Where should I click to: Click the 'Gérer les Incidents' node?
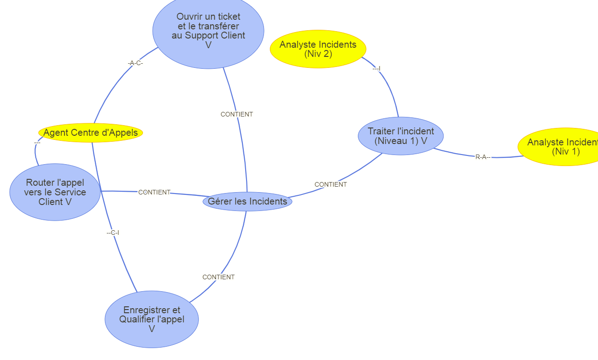[247, 201]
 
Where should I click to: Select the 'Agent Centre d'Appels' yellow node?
[91, 133]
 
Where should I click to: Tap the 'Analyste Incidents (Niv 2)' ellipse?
[318, 49]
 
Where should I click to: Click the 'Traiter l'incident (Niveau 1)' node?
[400, 136]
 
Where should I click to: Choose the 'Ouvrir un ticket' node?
[208, 31]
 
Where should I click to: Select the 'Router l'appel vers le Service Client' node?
[55, 192]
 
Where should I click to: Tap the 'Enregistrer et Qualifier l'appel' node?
[152, 319]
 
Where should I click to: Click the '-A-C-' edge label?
[135, 63]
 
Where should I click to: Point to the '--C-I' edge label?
[113, 233]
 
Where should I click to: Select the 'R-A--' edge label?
[483, 157]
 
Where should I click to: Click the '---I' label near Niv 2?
[377, 69]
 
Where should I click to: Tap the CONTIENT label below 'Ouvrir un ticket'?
[236, 114]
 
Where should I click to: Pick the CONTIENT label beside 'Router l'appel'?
[154, 192]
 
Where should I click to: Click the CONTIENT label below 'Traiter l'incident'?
[330, 184]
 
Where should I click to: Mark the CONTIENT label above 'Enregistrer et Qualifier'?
[219, 277]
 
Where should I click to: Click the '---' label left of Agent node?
[37, 143]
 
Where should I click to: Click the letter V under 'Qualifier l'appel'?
[152, 329]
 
